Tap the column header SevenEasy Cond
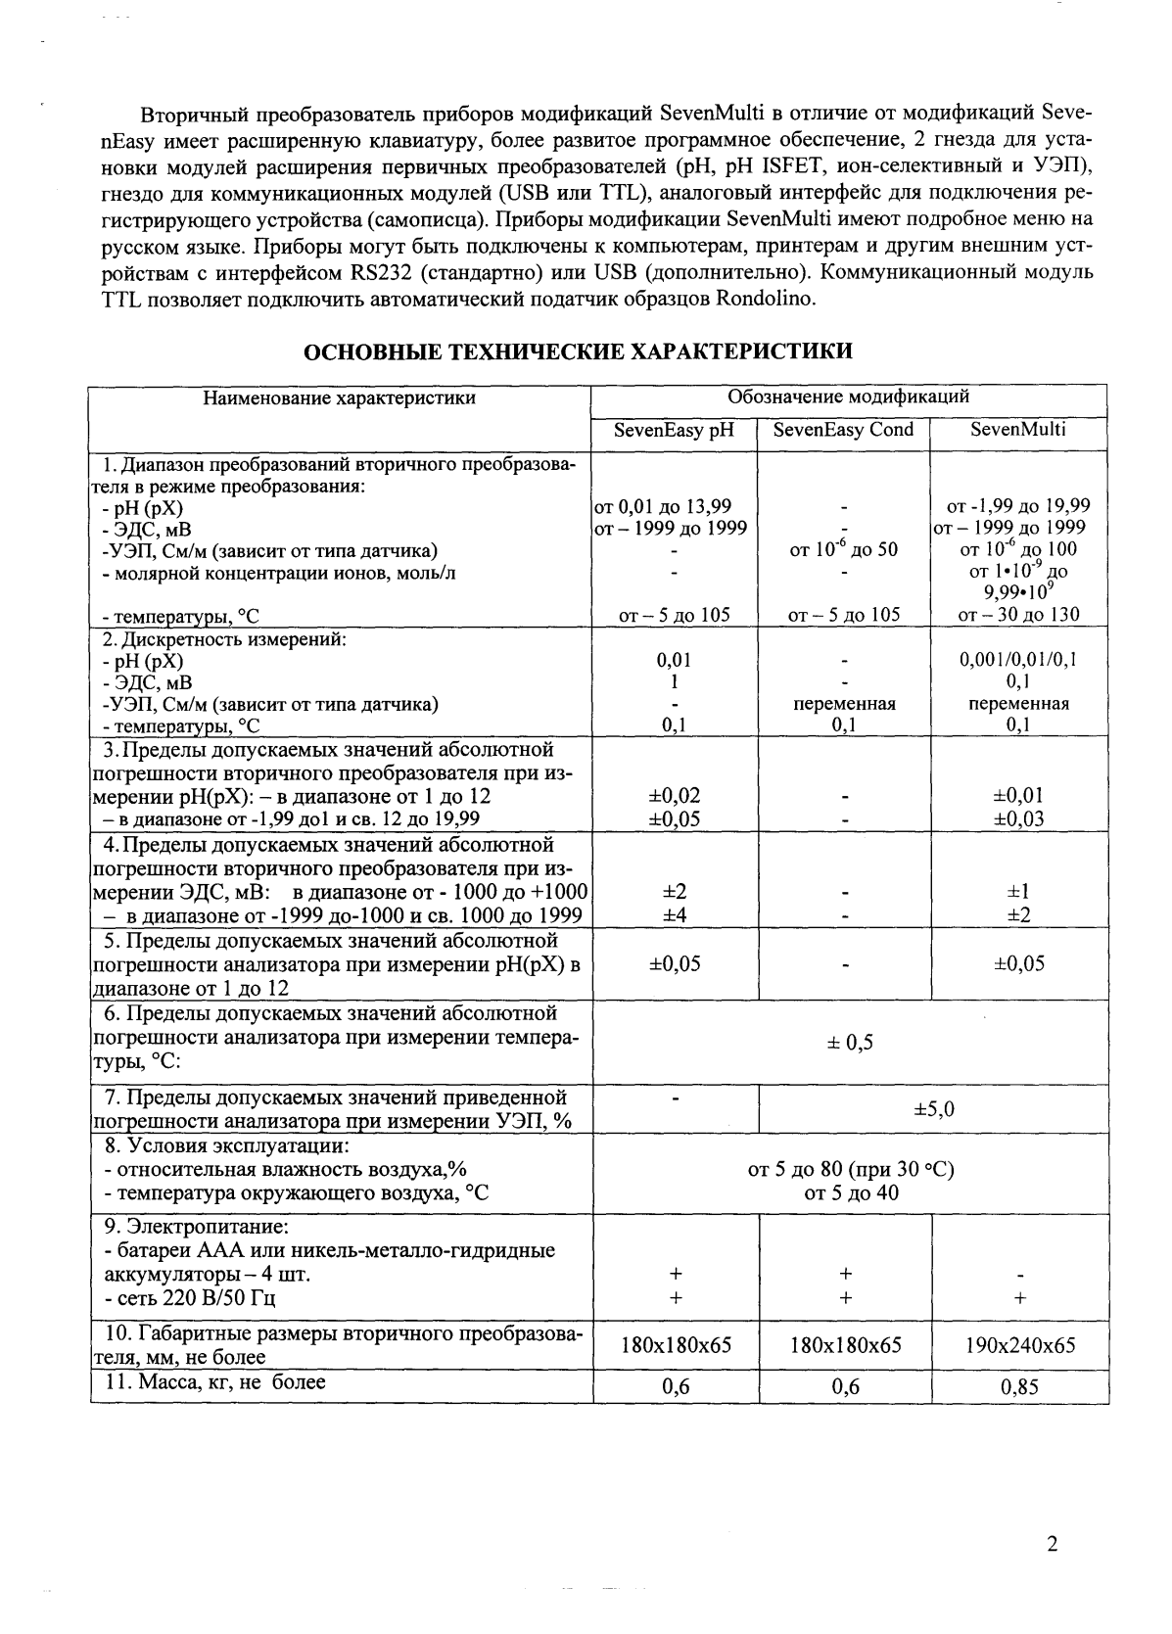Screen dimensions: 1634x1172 (843, 430)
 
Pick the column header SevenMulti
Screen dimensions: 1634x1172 (1018, 429)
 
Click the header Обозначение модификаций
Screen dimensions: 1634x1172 (848, 397)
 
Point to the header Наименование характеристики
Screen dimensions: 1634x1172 (339, 397)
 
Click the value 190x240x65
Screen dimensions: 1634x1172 (1019, 1345)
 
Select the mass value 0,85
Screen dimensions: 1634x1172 (1019, 1386)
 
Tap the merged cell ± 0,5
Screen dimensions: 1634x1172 (850, 1043)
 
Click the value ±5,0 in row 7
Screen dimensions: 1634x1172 (933, 1109)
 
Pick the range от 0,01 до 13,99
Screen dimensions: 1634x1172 (663, 507)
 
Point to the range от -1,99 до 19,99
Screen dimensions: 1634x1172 (1018, 507)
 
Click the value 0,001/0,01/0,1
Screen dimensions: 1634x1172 (1018, 661)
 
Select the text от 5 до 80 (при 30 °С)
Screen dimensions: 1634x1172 (850, 1170)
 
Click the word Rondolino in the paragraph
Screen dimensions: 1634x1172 (766, 300)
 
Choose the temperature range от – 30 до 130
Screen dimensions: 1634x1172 (1018, 615)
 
